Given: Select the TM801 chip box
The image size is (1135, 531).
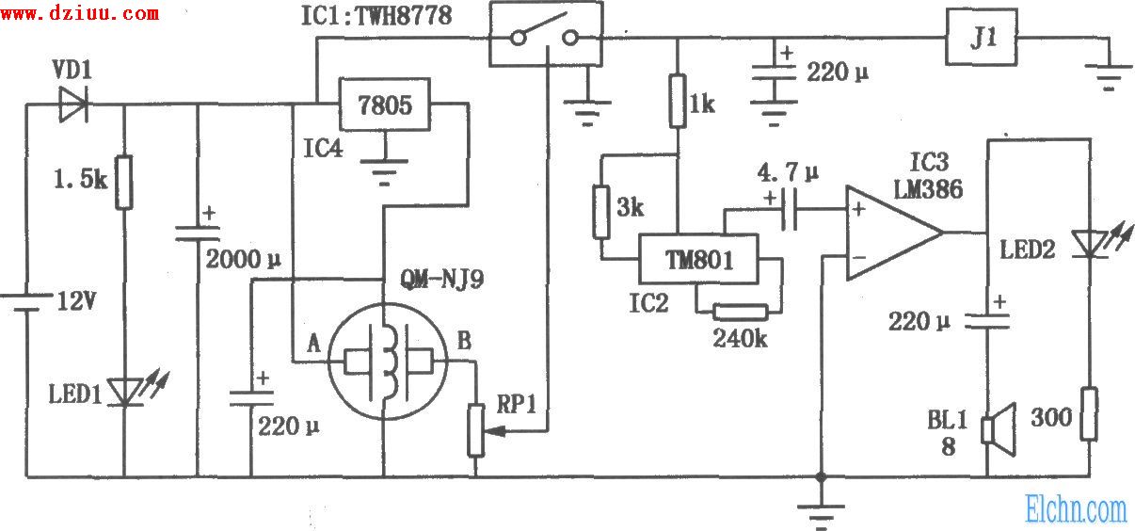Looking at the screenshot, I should click(x=697, y=256).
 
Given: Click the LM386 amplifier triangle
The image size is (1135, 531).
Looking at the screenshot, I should click(x=889, y=233).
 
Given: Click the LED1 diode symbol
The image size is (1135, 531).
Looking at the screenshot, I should click(x=124, y=391).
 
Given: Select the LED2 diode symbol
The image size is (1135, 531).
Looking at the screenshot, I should click(x=1090, y=243).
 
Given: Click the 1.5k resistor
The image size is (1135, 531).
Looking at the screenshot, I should click(x=124, y=183).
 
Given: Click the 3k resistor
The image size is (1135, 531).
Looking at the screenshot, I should click(x=599, y=211).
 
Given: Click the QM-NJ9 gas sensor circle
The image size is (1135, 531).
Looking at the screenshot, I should click(x=385, y=361).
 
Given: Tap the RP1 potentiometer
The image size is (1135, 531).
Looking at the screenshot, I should click(x=477, y=430).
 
